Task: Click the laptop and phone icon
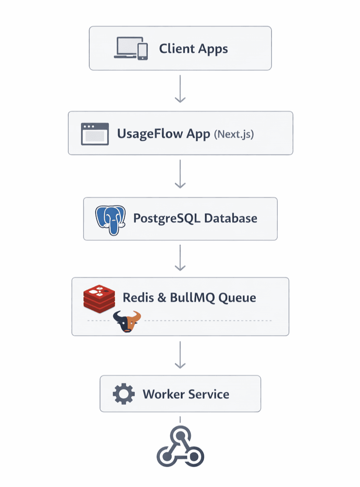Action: (x=131, y=48)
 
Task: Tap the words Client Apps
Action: (x=193, y=48)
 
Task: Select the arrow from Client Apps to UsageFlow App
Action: (x=180, y=89)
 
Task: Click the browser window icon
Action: (x=95, y=134)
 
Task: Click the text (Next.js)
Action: (x=234, y=134)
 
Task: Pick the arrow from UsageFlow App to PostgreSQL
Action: (x=180, y=174)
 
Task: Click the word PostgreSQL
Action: (x=166, y=218)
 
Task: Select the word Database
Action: (x=230, y=218)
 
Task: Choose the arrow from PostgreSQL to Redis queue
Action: (x=180, y=258)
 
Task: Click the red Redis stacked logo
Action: (x=99, y=298)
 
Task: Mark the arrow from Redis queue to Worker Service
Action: (x=180, y=355)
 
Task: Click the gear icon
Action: (x=123, y=394)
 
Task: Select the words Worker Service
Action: (x=186, y=394)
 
